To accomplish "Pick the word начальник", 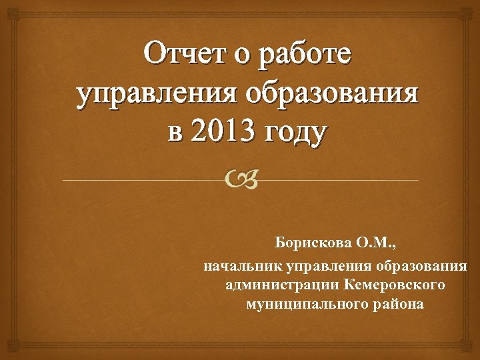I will coord(243,267).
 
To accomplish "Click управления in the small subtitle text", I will coord(325,267).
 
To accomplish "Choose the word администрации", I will coord(283,286).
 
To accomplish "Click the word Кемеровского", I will coord(394,286).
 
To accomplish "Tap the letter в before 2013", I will coord(174,130).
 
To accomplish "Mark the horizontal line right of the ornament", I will coord(340,181).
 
